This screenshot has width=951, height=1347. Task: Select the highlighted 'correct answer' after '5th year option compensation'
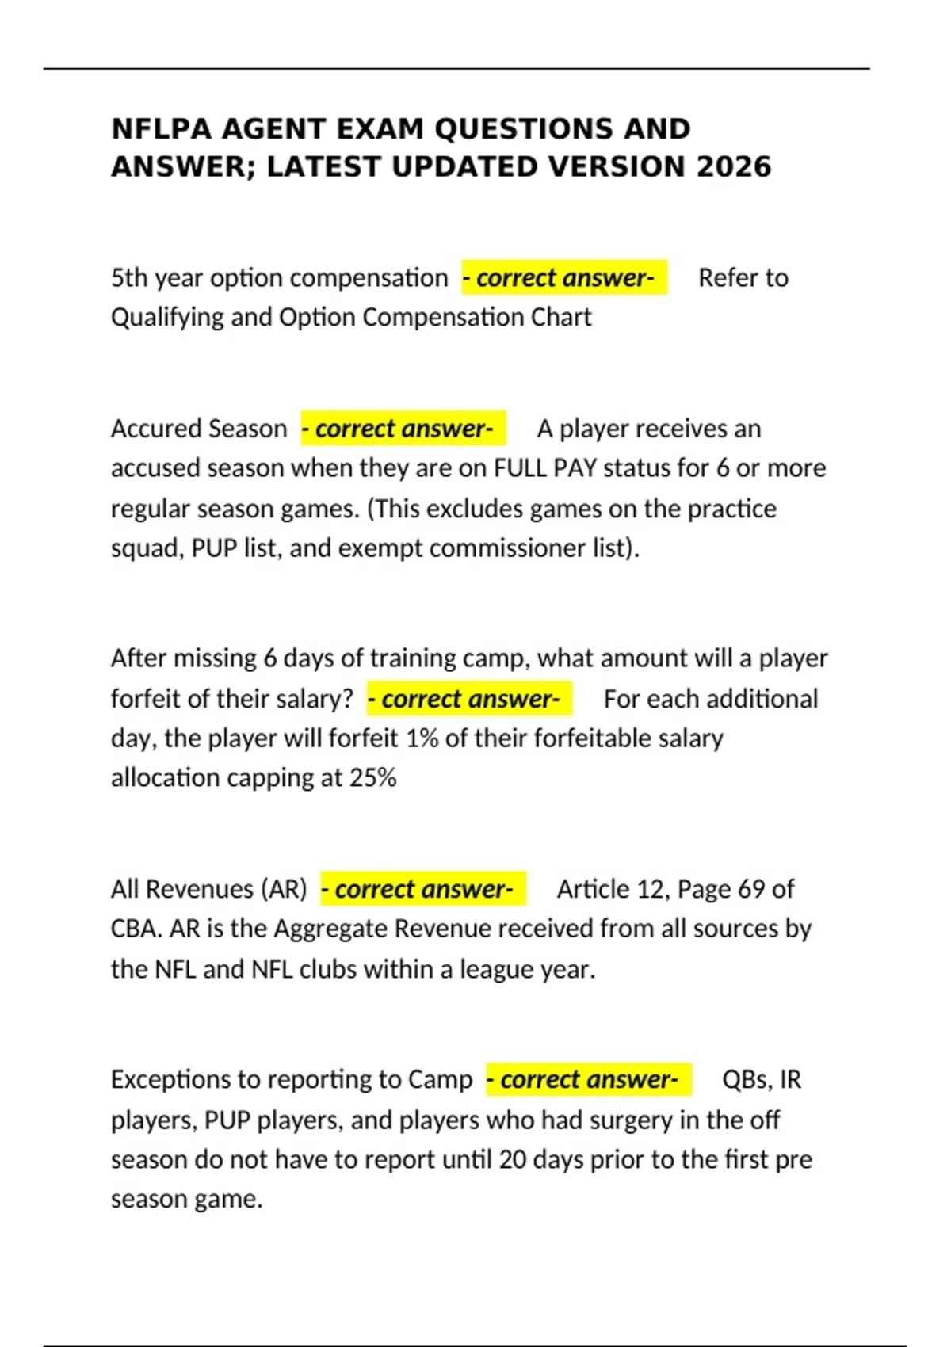point(564,277)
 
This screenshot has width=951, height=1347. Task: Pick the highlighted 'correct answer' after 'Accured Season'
point(403,429)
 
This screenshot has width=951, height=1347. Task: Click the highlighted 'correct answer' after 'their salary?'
point(469,699)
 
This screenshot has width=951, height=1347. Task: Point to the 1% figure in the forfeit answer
point(422,738)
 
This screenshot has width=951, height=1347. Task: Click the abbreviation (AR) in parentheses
point(283,889)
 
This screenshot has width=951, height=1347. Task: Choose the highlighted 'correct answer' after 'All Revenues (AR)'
point(423,889)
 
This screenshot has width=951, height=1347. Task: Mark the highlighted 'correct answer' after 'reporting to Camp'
point(589,1079)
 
